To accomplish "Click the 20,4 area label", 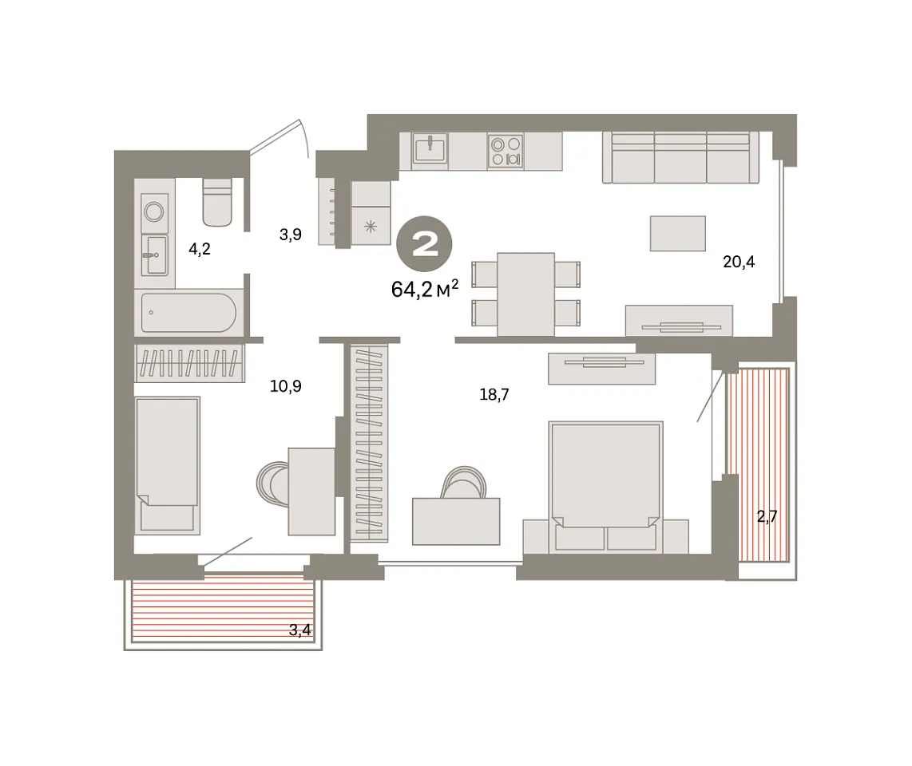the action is pos(739,262).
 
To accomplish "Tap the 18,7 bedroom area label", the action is pos(494,395).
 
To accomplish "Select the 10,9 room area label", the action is pos(286,386).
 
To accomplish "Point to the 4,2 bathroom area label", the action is pos(200,249).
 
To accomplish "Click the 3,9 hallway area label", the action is pos(290,235).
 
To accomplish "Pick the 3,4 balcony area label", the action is pos(300,630).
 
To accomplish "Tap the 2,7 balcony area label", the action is pos(767,516).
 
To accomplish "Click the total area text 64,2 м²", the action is pos(425,288).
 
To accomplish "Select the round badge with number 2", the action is pos(425,244).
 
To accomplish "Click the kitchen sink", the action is pos(430,149).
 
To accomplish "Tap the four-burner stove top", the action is pos(506,151).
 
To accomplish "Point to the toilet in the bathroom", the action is pos(217,202).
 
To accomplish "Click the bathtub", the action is pos(188,313).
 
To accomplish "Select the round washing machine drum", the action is pos(154,211).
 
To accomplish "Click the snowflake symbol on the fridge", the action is pos(371,226).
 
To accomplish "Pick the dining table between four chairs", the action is pos(525,294).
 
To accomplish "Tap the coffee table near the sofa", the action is pos(677,234).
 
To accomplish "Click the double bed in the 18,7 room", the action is pos(605,487).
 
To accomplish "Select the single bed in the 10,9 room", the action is pos(168,465).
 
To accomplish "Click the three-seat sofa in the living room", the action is pos(680,157).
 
